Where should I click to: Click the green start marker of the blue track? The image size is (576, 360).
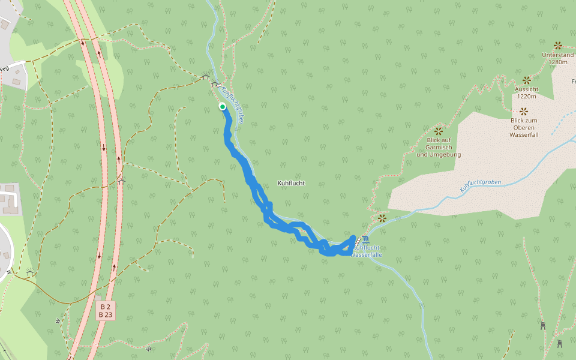tap(223, 107)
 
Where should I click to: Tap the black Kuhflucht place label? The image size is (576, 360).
tap(292, 183)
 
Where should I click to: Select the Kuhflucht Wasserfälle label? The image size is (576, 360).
tap(367, 251)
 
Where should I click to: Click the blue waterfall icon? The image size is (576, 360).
tap(366, 240)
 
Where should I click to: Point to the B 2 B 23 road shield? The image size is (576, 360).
tap(106, 310)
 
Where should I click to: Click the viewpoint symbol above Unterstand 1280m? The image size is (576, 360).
tap(557, 46)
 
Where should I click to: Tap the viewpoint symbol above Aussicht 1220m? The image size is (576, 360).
tap(527, 80)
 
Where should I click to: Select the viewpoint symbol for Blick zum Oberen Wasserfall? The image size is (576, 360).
tap(524, 111)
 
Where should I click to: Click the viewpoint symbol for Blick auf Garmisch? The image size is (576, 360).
tap(438, 131)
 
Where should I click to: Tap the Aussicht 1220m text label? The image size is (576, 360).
tap(527, 92)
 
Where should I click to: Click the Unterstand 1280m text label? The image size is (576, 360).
tap(557, 58)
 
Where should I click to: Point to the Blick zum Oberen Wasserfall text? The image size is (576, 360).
tap(524, 127)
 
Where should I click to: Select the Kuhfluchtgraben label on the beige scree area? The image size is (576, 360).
tap(480, 186)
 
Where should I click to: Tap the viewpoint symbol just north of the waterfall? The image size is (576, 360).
tap(382, 218)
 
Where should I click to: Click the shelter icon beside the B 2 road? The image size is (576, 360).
tap(122, 180)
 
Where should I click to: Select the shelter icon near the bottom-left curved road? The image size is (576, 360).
tap(30, 274)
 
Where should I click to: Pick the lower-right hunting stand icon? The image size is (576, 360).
tap(560, 343)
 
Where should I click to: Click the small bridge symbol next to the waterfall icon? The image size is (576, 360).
tap(358, 241)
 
